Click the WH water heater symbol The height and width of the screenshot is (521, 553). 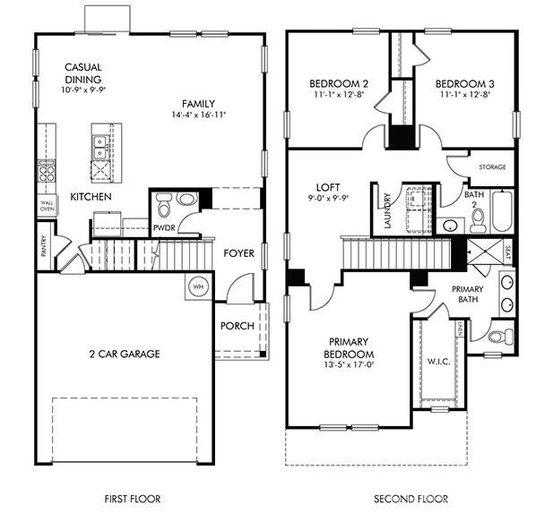point(197,286)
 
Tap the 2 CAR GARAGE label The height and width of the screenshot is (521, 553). point(124,354)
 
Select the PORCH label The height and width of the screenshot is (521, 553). point(238,326)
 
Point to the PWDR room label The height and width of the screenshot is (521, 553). point(164,228)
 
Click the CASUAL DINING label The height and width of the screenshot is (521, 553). point(82,73)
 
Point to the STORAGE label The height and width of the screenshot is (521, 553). point(492,167)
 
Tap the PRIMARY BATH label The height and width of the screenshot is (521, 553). point(468,295)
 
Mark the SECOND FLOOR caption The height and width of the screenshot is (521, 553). point(411,499)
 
